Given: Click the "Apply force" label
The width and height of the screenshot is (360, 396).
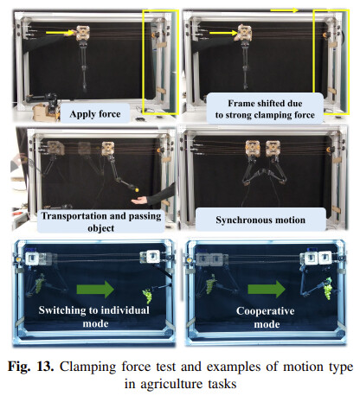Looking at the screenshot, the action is point(95,114).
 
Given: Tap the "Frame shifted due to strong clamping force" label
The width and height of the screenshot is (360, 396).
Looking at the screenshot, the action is point(265,109).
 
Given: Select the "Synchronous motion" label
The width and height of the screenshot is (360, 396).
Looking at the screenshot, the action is point(260,220).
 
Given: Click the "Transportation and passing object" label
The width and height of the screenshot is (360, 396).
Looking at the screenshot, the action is point(101,221).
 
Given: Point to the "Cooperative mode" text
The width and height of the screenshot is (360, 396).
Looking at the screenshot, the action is point(266,317).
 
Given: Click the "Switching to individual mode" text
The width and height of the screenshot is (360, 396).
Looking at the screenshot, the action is point(94,316).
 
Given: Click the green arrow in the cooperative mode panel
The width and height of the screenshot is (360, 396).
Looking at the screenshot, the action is point(267,289).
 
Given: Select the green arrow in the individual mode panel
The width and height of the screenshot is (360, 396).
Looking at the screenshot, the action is point(95,289).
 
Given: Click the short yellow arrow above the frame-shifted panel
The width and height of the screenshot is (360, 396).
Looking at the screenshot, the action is point(284,10).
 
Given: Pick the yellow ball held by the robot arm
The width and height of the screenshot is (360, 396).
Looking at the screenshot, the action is point(137,189).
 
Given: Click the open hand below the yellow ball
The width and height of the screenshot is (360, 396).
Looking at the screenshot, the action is point(140,201).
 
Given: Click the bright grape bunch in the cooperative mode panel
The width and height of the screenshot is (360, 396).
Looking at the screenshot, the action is point(328,288).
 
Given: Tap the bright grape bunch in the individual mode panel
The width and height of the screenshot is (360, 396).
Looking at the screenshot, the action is point(147,297).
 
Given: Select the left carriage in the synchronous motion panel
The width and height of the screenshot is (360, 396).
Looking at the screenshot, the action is point(253,149).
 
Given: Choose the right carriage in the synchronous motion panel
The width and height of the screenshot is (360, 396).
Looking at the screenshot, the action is point(273,149).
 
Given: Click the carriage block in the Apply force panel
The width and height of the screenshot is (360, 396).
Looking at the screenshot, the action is point(83,33).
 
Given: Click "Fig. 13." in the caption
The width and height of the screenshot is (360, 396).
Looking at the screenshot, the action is point(30,367).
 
